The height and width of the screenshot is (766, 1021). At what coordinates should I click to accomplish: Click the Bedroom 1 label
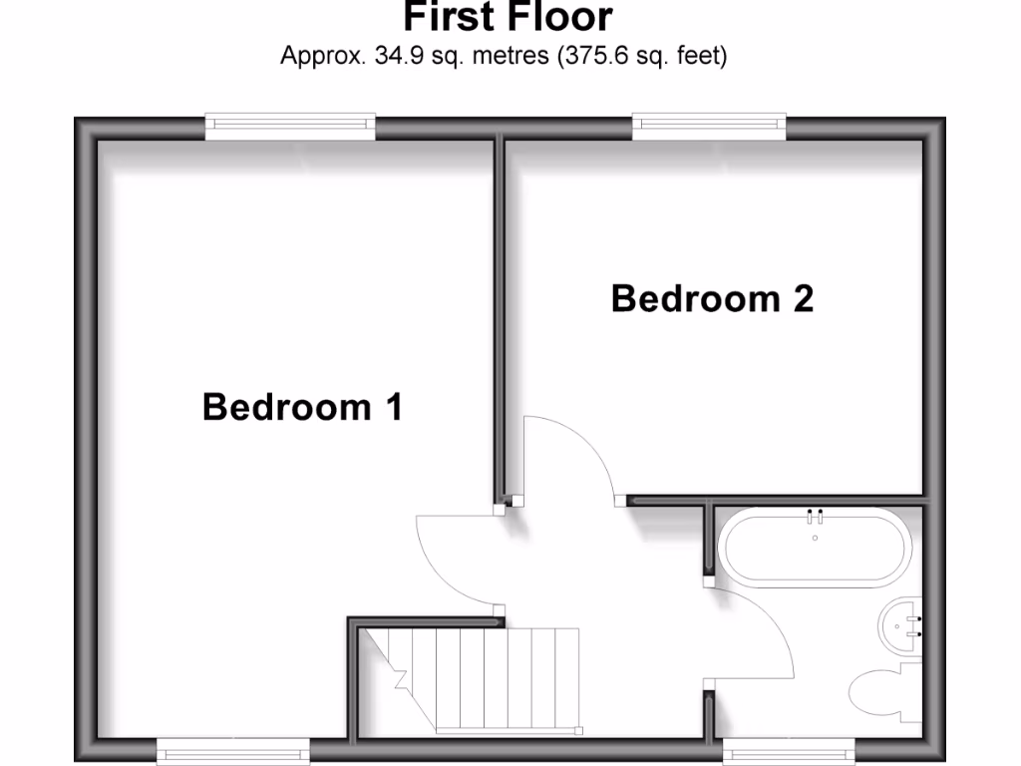coord(302,407)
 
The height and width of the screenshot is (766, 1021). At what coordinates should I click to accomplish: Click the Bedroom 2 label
coord(712,298)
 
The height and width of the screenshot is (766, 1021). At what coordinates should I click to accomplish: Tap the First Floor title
coord(508,17)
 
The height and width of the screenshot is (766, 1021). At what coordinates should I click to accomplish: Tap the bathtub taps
coord(816,517)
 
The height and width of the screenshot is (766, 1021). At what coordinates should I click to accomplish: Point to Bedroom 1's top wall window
coord(290,126)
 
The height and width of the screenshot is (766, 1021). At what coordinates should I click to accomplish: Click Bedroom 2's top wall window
coord(708,126)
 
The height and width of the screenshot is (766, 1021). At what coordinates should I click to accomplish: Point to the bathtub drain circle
coord(816,539)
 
